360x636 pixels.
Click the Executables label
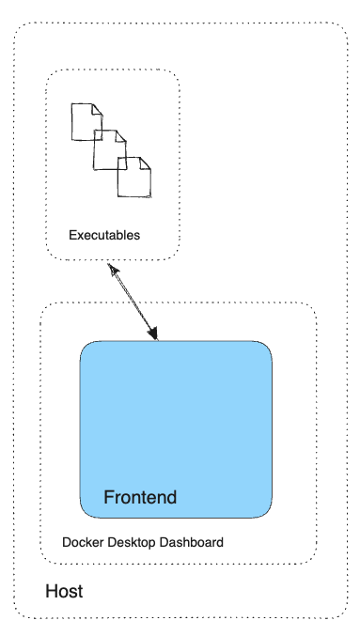click(x=104, y=235)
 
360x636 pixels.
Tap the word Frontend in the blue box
click(x=139, y=497)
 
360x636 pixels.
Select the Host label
click(x=64, y=592)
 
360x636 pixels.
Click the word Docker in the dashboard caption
click(x=81, y=543)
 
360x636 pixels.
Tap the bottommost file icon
click(x=133, y=178)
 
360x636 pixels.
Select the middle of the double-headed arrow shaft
click(x=133, y=302)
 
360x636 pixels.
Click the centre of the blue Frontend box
click(x=176, y=429)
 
